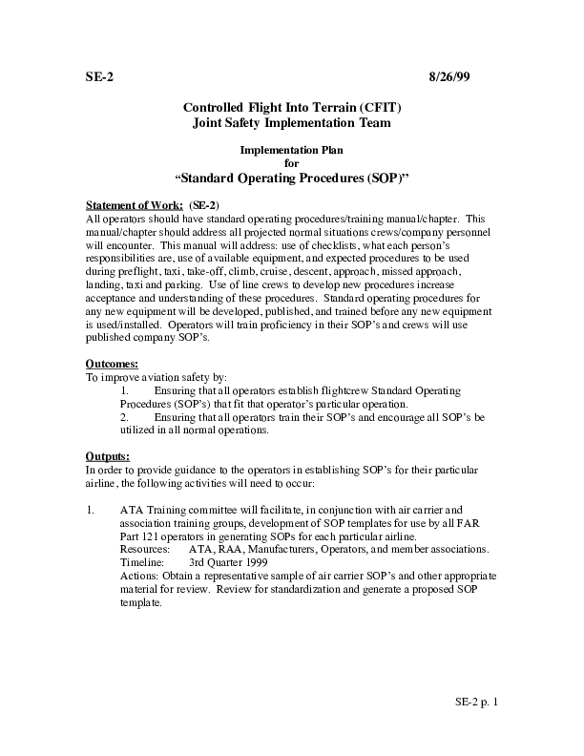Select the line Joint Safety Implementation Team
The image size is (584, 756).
click(x=291, y=123)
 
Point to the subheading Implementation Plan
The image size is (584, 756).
click(x=291, y=151)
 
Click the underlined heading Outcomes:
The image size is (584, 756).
click(x=112, y=365)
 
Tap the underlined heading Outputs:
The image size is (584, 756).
click(x=108, y=456)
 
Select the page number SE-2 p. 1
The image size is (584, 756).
click(x=476, y=702)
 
